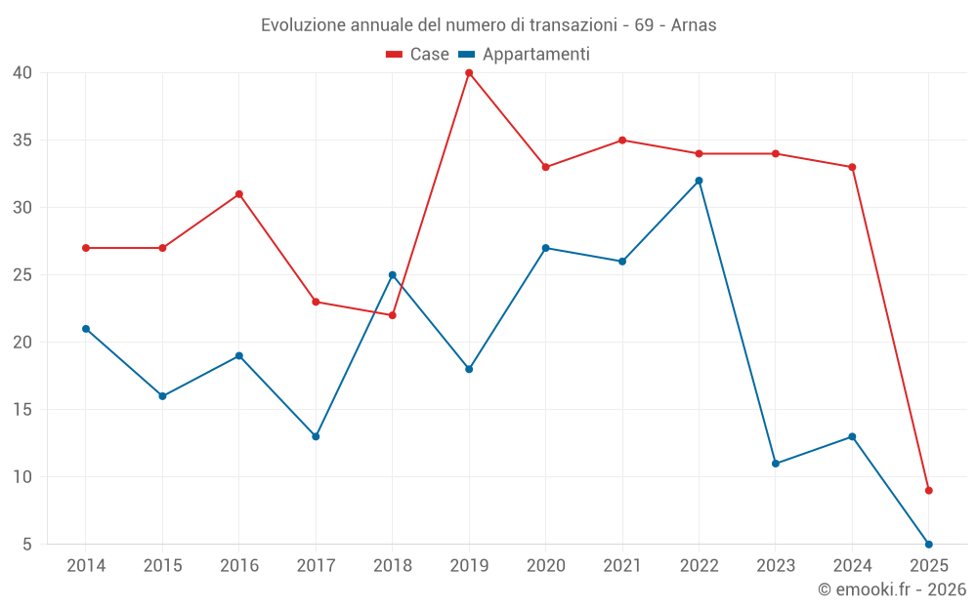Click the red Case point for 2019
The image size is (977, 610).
[x=469, y=73]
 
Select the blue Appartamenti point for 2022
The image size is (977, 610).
[x=699, y=181]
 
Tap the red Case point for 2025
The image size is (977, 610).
[x=929, y=490]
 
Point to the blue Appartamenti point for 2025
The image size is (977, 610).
[x=929, y=544]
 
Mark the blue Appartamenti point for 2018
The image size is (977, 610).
[x=393, y=275]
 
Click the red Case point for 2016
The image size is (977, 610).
[x=239, y=194]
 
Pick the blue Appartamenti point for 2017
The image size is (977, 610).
[x=316, y=436]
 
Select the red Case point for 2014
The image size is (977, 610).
[x=86, y=248]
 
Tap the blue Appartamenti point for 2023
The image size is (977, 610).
[x=776, y=464]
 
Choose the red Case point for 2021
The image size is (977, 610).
[x=622, y=141]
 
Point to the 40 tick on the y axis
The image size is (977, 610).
[x=23, y=73]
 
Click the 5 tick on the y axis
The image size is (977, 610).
[x=27, y=544]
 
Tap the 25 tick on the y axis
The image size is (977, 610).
[x=23, y=275]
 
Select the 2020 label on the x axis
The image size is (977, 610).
[x=545, y=566]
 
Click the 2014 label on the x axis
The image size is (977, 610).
[x=86, y=566]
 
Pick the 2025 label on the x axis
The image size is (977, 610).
[x=929, y=566]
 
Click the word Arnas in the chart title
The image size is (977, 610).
[x=694, y=25]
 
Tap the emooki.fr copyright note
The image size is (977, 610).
[x=892, y=590]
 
